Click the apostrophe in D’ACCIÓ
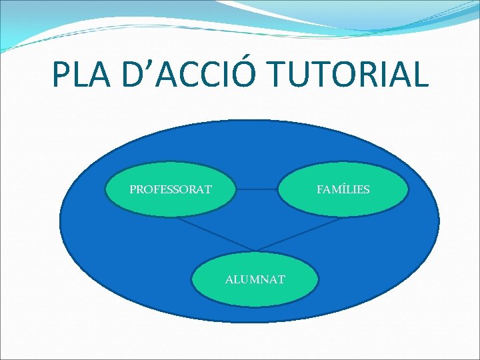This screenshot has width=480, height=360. pyautogui.click(x=153, y=65)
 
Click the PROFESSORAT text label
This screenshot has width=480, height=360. pyautogui.click(x=171, y=189)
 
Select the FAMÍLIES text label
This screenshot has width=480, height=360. pyautogui.click(x=343, y=189)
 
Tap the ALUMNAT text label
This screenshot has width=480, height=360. pyautogui.click(x=255, y=279)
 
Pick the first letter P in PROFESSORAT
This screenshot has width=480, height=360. pyautogui.click(x=133, y=189)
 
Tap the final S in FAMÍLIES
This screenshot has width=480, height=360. pyautogui.click(x=366, y=189)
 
